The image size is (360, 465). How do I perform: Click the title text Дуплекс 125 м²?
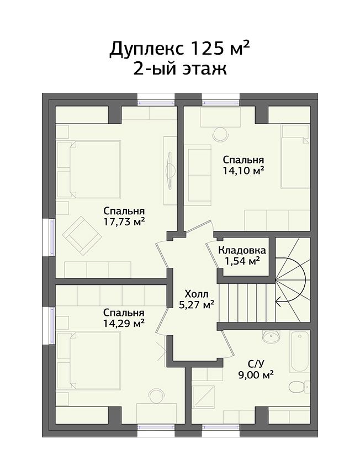coord(179,49)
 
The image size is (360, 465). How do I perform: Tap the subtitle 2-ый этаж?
coord(180,69)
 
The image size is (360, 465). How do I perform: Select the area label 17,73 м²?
coord(124,221)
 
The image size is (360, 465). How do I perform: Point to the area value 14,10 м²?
coord(243,171)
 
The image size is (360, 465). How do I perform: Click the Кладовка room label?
coord(242,250)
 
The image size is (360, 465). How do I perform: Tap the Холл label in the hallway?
coord(197,294)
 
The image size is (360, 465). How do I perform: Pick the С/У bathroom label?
coord(256,363)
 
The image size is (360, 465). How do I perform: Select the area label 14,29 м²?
coord(124,323)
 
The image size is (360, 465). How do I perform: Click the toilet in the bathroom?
coord(299,387)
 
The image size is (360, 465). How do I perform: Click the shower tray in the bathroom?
coord(203,397)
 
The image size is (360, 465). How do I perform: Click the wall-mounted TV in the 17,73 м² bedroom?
coord(170,170)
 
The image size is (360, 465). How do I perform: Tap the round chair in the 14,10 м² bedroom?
coord(221,134)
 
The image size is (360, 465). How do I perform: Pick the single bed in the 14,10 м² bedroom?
coord(295,156)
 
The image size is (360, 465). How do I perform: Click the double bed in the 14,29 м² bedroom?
coord(89,360)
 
